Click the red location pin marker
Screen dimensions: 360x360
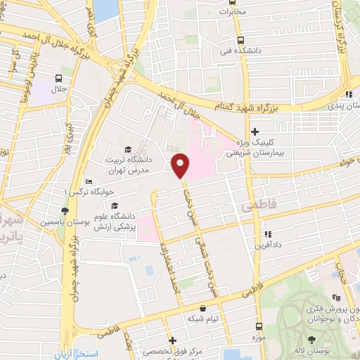pyautogui.click(x=180, y=165)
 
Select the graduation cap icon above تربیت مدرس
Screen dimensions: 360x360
pyautogui.click(x=127, y=149)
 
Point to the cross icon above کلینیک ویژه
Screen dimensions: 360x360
pyautogui.click(x=255, y=131)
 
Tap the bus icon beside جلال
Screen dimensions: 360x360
pyautogui.click(x=58, y=79)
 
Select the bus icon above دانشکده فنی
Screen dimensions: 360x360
pyautogui.click(x=241, y=40)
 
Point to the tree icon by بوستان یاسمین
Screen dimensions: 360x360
pyautogui.click(x=65, y=210)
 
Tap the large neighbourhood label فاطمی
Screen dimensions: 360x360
pyautogui.click(x=256, y=207)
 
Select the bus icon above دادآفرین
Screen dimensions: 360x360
pyautogui.click(x=266, y=234)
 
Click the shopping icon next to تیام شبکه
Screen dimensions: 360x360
pyautogui.click(x=203, y=308)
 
